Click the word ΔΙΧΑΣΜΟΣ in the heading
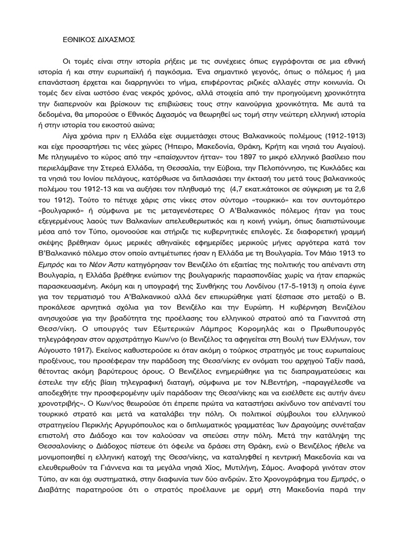coord(113,39)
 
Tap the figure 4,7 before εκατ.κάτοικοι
coord(247,183)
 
